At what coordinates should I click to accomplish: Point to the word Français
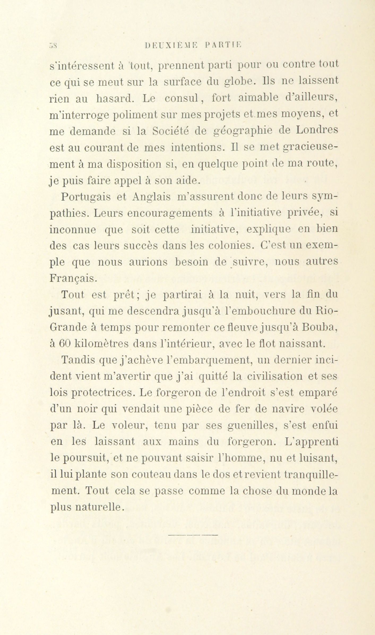(71, 279)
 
